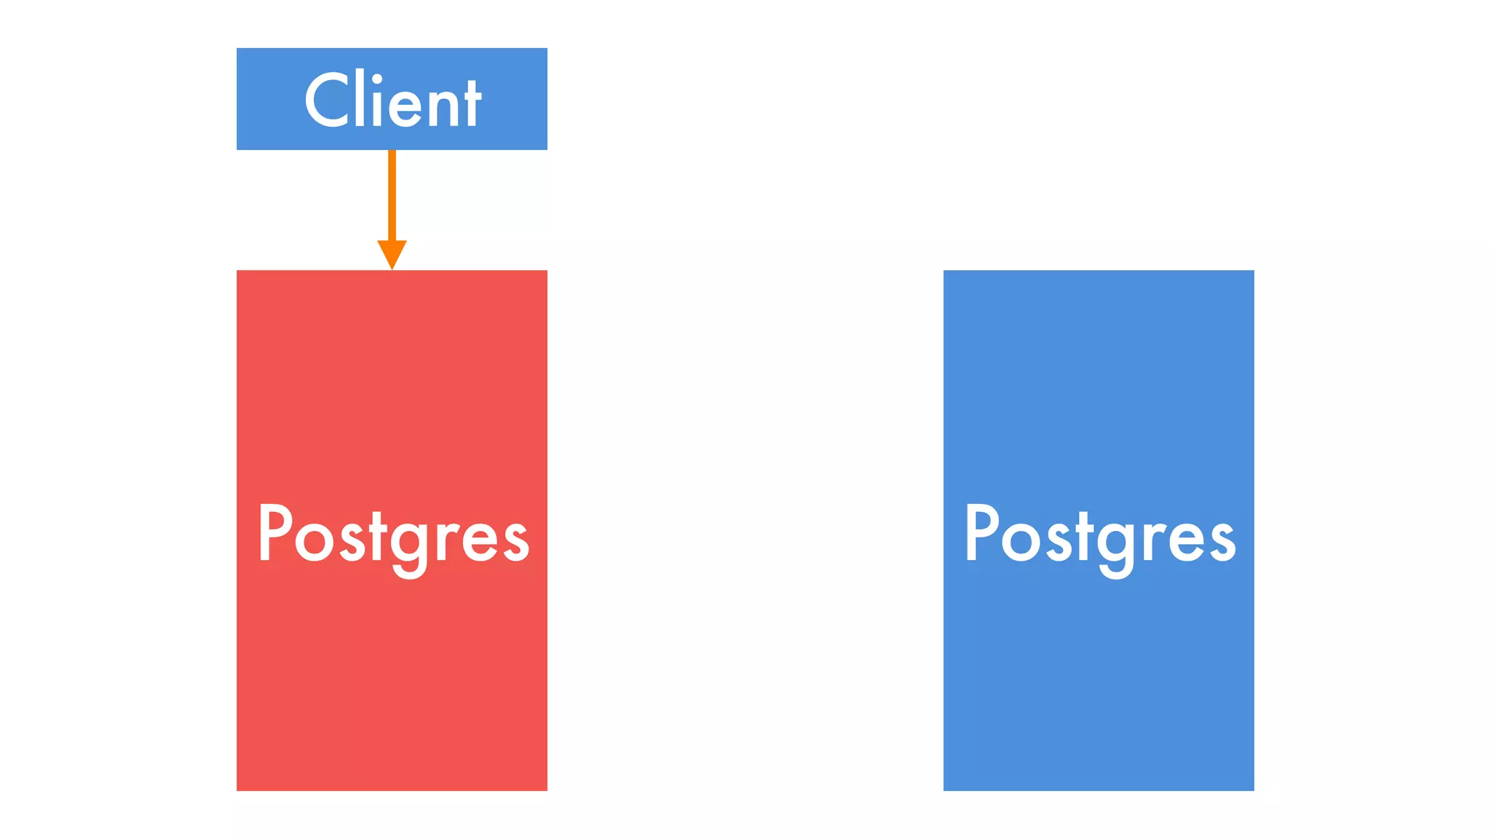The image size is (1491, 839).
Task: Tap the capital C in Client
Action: coord(328,101)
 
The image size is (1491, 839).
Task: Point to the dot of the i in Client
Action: coord(376,80)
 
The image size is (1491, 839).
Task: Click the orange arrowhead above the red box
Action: coord(392,253)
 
